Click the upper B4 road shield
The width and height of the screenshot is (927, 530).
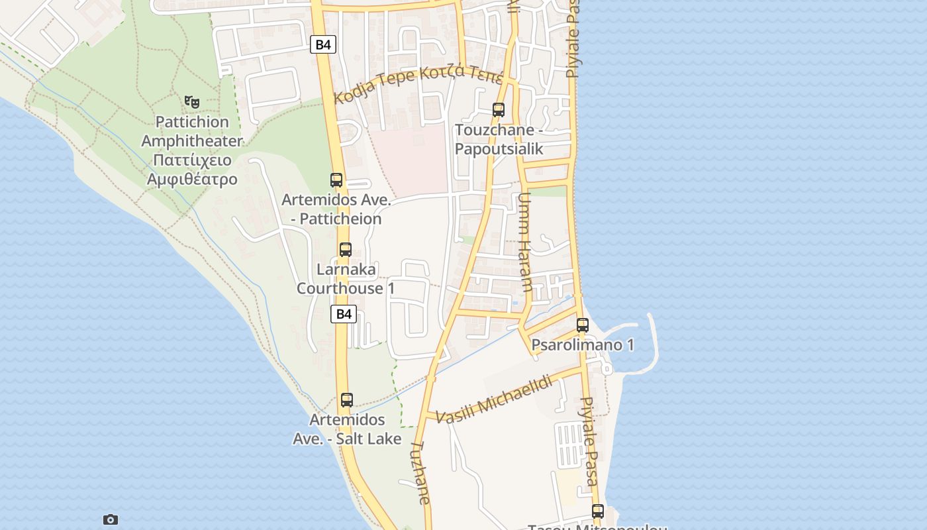pyautogui.click(x=323, y=44)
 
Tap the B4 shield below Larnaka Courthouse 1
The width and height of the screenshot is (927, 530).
pyautogui.click(x=344, y=314)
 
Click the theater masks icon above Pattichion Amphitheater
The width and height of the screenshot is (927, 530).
pyautogui.click(x=192, y=101)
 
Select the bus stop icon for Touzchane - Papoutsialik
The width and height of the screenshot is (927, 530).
pyautogui.click(x=499, y=110)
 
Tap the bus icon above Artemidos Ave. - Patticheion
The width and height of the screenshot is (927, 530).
pyautogui.click(x=336, y=180)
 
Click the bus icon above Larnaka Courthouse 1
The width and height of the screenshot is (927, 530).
pyautogui.click(x=346, y=250)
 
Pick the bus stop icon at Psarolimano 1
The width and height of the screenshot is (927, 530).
pyautogui.click(x=583, y=325)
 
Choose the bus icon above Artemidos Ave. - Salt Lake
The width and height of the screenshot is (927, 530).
pyautogui.click(x=347, y=400)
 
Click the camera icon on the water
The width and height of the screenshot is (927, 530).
pyautogui.click(x=111, y=519)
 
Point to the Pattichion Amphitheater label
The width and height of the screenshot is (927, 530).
pyautogui.click(x=191, y=131)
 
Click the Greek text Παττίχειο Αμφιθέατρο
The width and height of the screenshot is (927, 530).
pyautogui.click(x=192, y=170)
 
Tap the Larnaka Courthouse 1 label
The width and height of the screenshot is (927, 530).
pyautogui.click(x=346, y=279)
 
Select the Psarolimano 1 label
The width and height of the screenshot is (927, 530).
pyautogui.click(x=583, y=345)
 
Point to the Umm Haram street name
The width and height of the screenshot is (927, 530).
pyautogui.click(x=525, y=242)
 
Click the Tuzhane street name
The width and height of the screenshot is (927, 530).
pyautogui.click(x=421, y=473)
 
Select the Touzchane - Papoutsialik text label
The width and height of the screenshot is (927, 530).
pyautogui.click(x=499, y=139)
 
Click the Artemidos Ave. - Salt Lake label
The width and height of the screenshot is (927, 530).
pyautogui.click(x=347, y=429)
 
